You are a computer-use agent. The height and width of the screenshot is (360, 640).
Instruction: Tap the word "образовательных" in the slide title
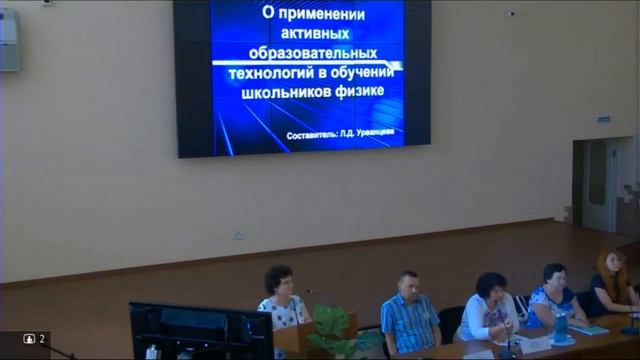click(307, 52)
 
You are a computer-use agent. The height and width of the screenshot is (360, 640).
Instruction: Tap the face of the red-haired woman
click(610, 264)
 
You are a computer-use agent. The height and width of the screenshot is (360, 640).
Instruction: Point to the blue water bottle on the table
click(561, 326)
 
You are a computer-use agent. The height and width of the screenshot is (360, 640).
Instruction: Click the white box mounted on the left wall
click(9, 40)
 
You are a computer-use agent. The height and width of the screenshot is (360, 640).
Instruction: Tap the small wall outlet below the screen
click(239, 236)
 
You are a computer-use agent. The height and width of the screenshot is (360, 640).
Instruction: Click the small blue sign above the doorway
click(604, 120)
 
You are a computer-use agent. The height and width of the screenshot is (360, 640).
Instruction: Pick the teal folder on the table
click(590, 329)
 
